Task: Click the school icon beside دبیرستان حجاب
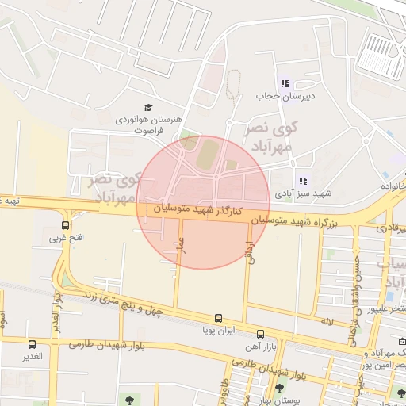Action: point(285,83)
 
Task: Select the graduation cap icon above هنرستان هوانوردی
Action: point(147,107)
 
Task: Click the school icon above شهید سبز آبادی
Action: point(302,181)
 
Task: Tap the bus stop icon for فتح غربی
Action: point(65,225)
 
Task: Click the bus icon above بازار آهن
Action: point(261,334)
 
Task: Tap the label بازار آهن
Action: point(259,346)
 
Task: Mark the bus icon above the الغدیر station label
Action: point(33,345)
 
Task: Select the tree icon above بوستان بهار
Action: point(279,389)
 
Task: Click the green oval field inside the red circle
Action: point(205,153)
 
